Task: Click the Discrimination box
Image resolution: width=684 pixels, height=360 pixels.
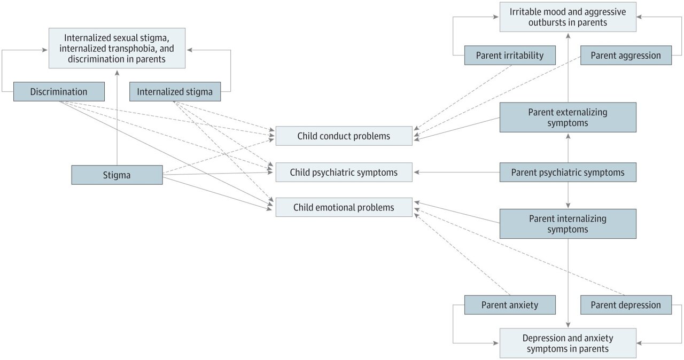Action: point(59,92)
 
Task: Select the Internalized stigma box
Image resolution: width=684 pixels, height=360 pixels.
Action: point(175,92)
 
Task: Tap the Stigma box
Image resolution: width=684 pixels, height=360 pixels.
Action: point(116,175)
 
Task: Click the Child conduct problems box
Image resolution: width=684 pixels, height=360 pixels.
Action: point(344,136)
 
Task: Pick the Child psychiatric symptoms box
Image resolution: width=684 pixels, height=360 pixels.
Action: point(344,172)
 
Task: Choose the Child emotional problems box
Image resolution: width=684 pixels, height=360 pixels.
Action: point(344,207)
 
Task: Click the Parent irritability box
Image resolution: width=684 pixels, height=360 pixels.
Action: point(510,56)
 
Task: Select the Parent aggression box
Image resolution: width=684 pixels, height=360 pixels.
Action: point(626,56)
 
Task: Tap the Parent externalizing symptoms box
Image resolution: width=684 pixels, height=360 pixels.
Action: point(568,118)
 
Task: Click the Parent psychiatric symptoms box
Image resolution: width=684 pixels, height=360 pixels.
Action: point(568,173)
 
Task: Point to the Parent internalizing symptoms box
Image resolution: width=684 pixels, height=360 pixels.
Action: point(568,224)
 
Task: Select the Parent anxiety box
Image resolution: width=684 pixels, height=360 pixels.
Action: point(510,305)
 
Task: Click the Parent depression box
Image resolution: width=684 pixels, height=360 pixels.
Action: point(626,305)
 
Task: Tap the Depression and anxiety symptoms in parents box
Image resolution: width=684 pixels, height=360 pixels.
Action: point(568,343)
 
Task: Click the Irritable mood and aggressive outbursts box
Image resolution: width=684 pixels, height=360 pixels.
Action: point(568,17)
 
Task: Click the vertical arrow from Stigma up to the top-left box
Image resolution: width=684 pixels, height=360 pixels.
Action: point(117,118)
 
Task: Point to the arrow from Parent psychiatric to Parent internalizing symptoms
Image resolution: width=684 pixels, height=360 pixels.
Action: point(568,195)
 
